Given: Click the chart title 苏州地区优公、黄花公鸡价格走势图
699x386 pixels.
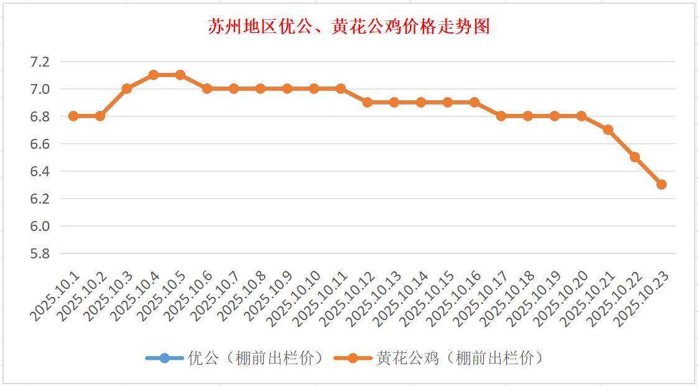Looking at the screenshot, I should (349, 27).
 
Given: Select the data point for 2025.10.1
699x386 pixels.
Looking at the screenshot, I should (73, 116).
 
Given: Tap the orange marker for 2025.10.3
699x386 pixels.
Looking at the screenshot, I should (127, 88).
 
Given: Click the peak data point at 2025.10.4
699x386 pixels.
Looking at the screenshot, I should (154, 75).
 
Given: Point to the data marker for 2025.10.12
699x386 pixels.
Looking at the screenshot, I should (368, 102).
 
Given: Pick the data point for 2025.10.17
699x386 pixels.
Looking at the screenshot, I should (501, 116).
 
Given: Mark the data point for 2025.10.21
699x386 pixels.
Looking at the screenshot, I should (608, 129).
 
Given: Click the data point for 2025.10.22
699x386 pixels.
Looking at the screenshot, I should (635, 157).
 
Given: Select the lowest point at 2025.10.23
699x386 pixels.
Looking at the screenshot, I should (662, 184).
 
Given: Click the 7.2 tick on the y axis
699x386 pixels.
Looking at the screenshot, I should (39, 62).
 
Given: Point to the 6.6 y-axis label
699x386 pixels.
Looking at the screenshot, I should (39, 144).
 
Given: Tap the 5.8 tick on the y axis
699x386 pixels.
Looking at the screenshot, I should (39, 253).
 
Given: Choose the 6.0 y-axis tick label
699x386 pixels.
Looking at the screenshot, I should (39, 226).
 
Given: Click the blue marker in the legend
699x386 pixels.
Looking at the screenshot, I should (164, 359).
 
